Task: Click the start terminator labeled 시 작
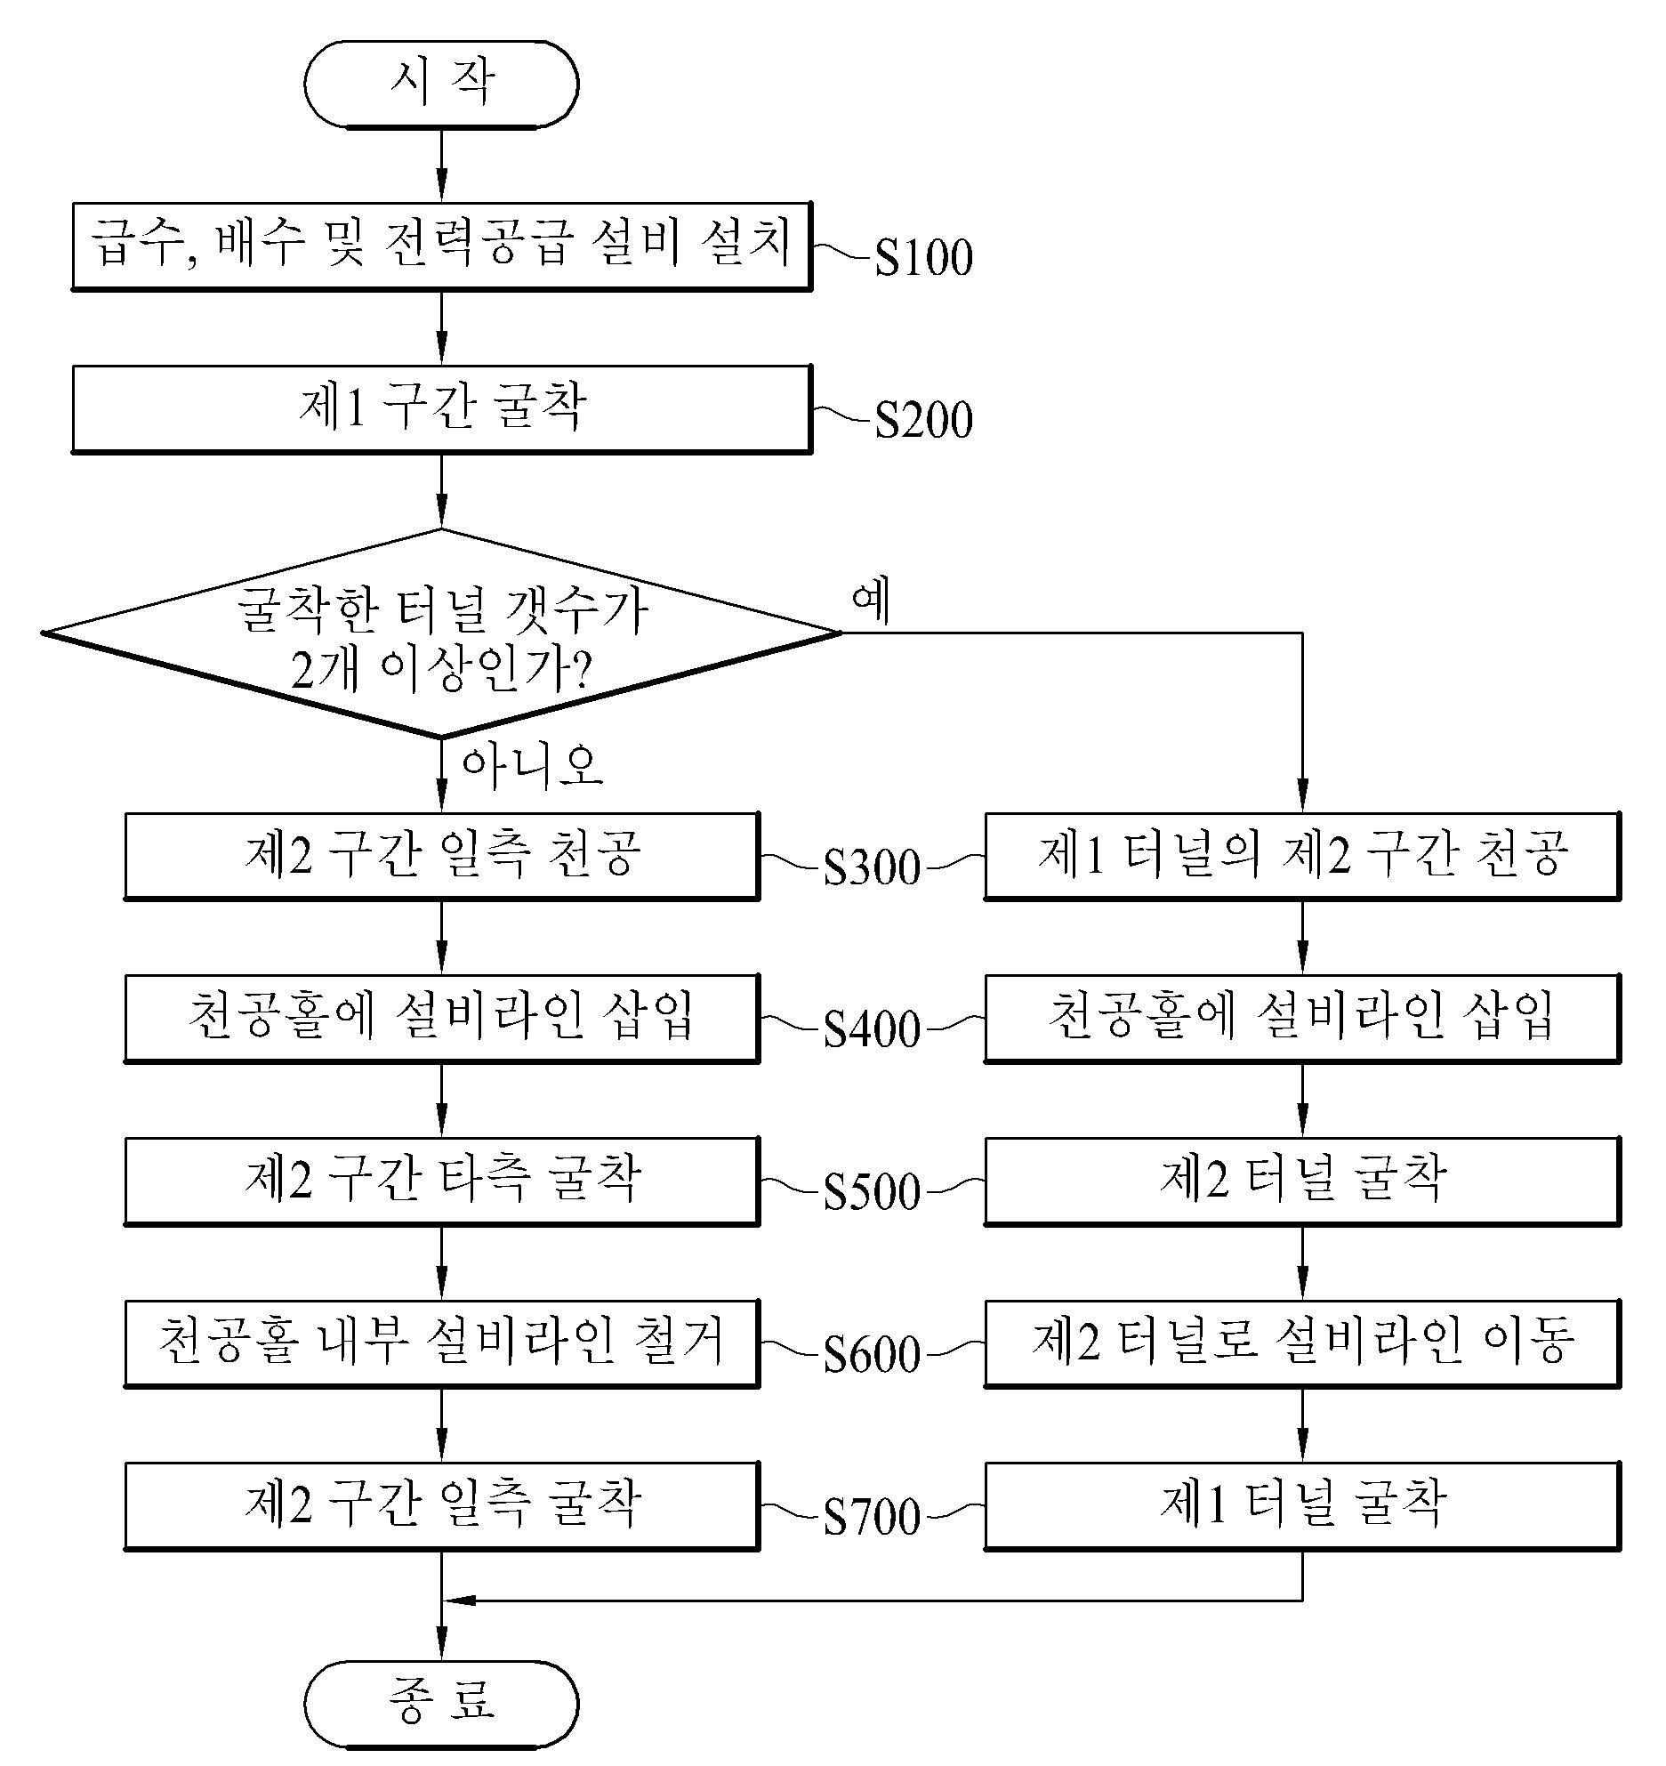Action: point(441,84)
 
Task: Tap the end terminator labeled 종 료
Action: point(441,1703)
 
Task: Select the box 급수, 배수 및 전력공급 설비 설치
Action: point(441,246)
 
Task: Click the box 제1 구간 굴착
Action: point(441,408)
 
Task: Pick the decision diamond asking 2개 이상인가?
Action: point(441,633)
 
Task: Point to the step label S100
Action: point(923,258)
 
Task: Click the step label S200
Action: point(923,421)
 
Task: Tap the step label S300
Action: point(872,867)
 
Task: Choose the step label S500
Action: point(872,1192)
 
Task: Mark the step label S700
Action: point(872,1517)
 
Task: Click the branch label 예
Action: point(872,601)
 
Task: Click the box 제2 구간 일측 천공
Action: point(441,855)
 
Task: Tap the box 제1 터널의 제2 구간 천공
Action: point(1302,855)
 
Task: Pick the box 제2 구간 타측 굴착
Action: point(441,1181)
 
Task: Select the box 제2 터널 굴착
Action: point(1302,1181)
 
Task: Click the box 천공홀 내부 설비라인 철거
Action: point(441,1343)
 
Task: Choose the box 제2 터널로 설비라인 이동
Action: point(1302,1343)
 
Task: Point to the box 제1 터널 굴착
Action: point(1302,1505)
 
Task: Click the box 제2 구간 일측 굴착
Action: point(441,1505)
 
